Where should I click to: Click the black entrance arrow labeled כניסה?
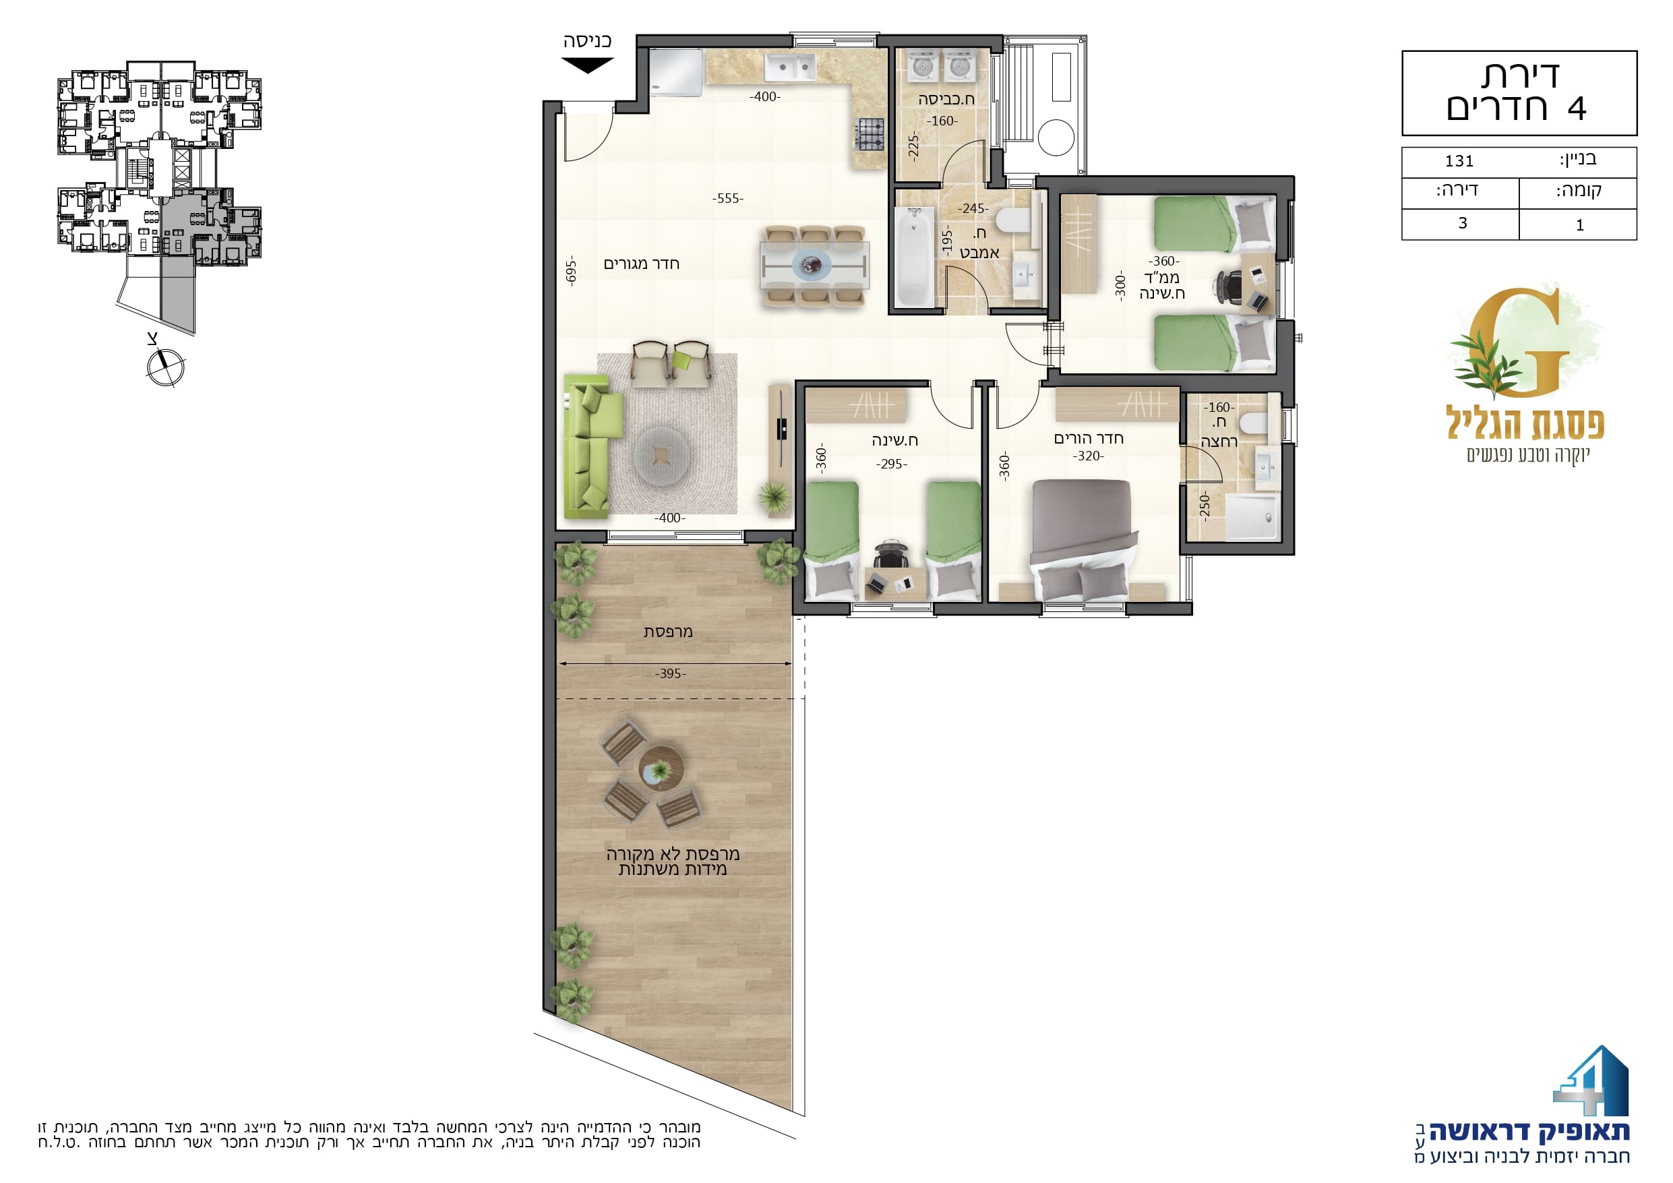point(587,65)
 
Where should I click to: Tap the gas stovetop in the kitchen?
point(870,134)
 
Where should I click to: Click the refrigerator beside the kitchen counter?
point(676,72)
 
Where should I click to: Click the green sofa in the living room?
point(592,446)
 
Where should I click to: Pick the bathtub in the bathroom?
point(914,257)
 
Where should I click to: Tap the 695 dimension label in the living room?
point(572,271)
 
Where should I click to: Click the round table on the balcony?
point(661,768)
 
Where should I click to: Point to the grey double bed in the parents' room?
point(1083,540)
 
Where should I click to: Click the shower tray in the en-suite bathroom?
point(1252,518)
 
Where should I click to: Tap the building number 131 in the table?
point(1459,161)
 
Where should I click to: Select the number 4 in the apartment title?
point(1576,109)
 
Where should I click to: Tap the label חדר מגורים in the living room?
point(641,264)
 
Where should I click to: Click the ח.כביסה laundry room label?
point(946,99)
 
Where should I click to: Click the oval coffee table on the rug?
point(662,456)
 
